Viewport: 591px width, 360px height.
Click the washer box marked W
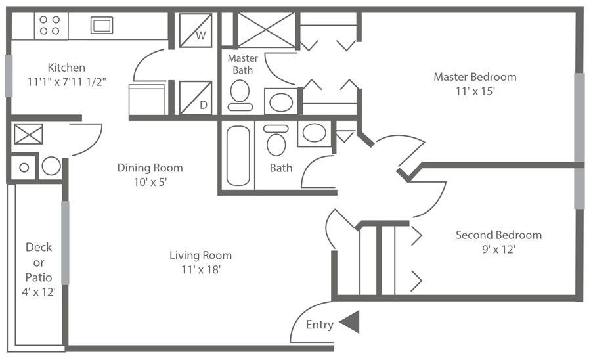click(196, 30)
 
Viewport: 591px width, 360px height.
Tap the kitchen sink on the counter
click(102, 26)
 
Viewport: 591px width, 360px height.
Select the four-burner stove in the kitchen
click(50, 26)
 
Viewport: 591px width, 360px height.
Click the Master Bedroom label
click(475, 77)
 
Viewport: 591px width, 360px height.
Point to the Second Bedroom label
click(498, 235)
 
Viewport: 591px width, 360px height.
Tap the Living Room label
click(200, 256)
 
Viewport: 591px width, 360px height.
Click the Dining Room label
click(150, 168)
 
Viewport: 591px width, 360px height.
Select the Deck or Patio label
click(39, 262)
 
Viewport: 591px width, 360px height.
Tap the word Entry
click(320, 325)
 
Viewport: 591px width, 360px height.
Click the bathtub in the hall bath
click(238, 156)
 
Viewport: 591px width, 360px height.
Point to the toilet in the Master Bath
click(240, 94)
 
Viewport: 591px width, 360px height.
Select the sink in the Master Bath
click(282, 102)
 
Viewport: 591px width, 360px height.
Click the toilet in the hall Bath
click(276, 141)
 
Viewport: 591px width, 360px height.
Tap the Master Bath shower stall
click(266, 30)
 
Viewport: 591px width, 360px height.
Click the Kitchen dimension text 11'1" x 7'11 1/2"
click(66, 82)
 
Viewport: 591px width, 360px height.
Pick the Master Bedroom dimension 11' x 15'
click(475, 91)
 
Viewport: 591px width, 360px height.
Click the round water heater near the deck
click(51, 166)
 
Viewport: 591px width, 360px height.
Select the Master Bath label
click(242, 64)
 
